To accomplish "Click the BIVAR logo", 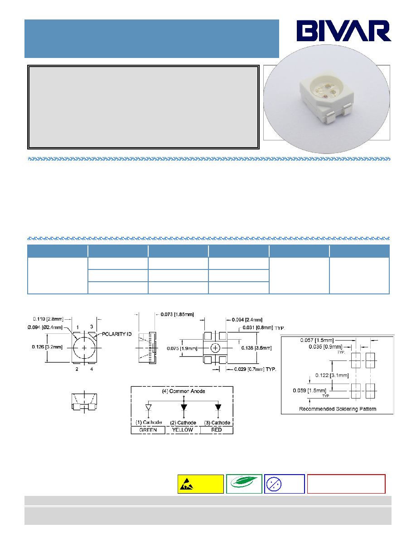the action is click(x=344, y=31).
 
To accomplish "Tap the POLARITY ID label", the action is click(x=117, y=334).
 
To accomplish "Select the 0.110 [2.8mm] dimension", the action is click(x=48, y=319).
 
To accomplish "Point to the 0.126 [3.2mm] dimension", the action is click(x=48, y=347).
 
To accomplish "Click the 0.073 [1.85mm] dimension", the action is click(x=177, y=314).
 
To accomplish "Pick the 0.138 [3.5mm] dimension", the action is click(x=256, y=348).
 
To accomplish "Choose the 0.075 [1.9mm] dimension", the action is click(x=182, y=349).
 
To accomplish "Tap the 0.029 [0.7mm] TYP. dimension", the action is click(x=255, y=369).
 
